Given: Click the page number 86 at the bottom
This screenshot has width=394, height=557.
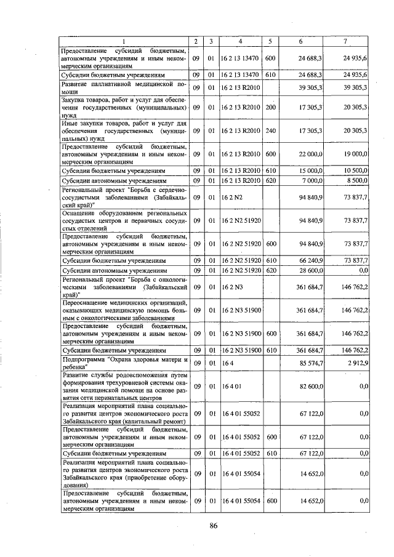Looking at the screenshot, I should [213, 525].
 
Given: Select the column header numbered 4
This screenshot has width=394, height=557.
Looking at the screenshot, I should [241, 41].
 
